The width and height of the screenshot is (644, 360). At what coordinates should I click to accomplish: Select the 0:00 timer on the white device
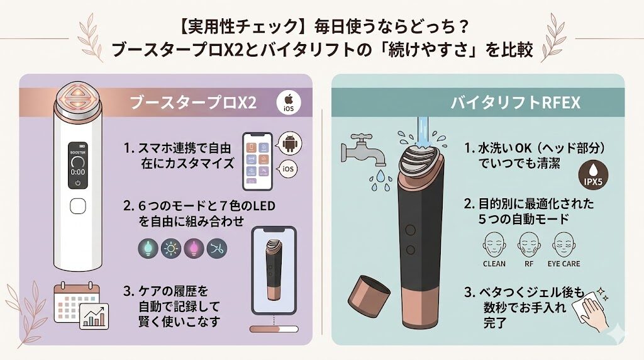(x=78, y=171)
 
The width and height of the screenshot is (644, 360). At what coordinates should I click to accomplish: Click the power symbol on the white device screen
(x=78, y=184)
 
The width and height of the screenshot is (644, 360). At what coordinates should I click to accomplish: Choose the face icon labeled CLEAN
(x=494, y=243)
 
